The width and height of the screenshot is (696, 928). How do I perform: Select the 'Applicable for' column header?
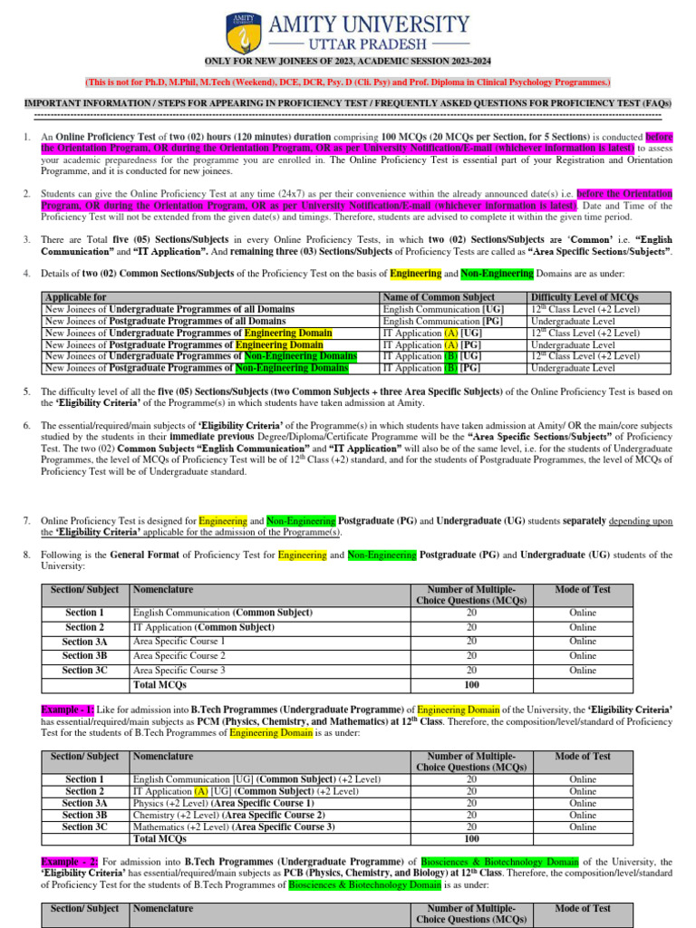click(x=75, y=297)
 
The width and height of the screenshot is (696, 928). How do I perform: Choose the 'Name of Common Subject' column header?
click(x=439, y=297)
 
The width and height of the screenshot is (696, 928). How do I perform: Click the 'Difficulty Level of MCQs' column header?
click(x=585, y=297)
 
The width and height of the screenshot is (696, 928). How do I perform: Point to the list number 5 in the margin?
click(x=27, y=391)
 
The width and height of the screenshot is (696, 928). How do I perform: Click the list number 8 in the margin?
click(x=27, y=555)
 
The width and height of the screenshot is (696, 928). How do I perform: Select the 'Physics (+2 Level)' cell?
click(x=223, y=803)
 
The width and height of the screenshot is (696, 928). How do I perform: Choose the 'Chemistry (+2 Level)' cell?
click(x=226, y=815)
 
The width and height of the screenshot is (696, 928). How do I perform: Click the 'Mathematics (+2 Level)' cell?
click(x=234, y=826)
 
